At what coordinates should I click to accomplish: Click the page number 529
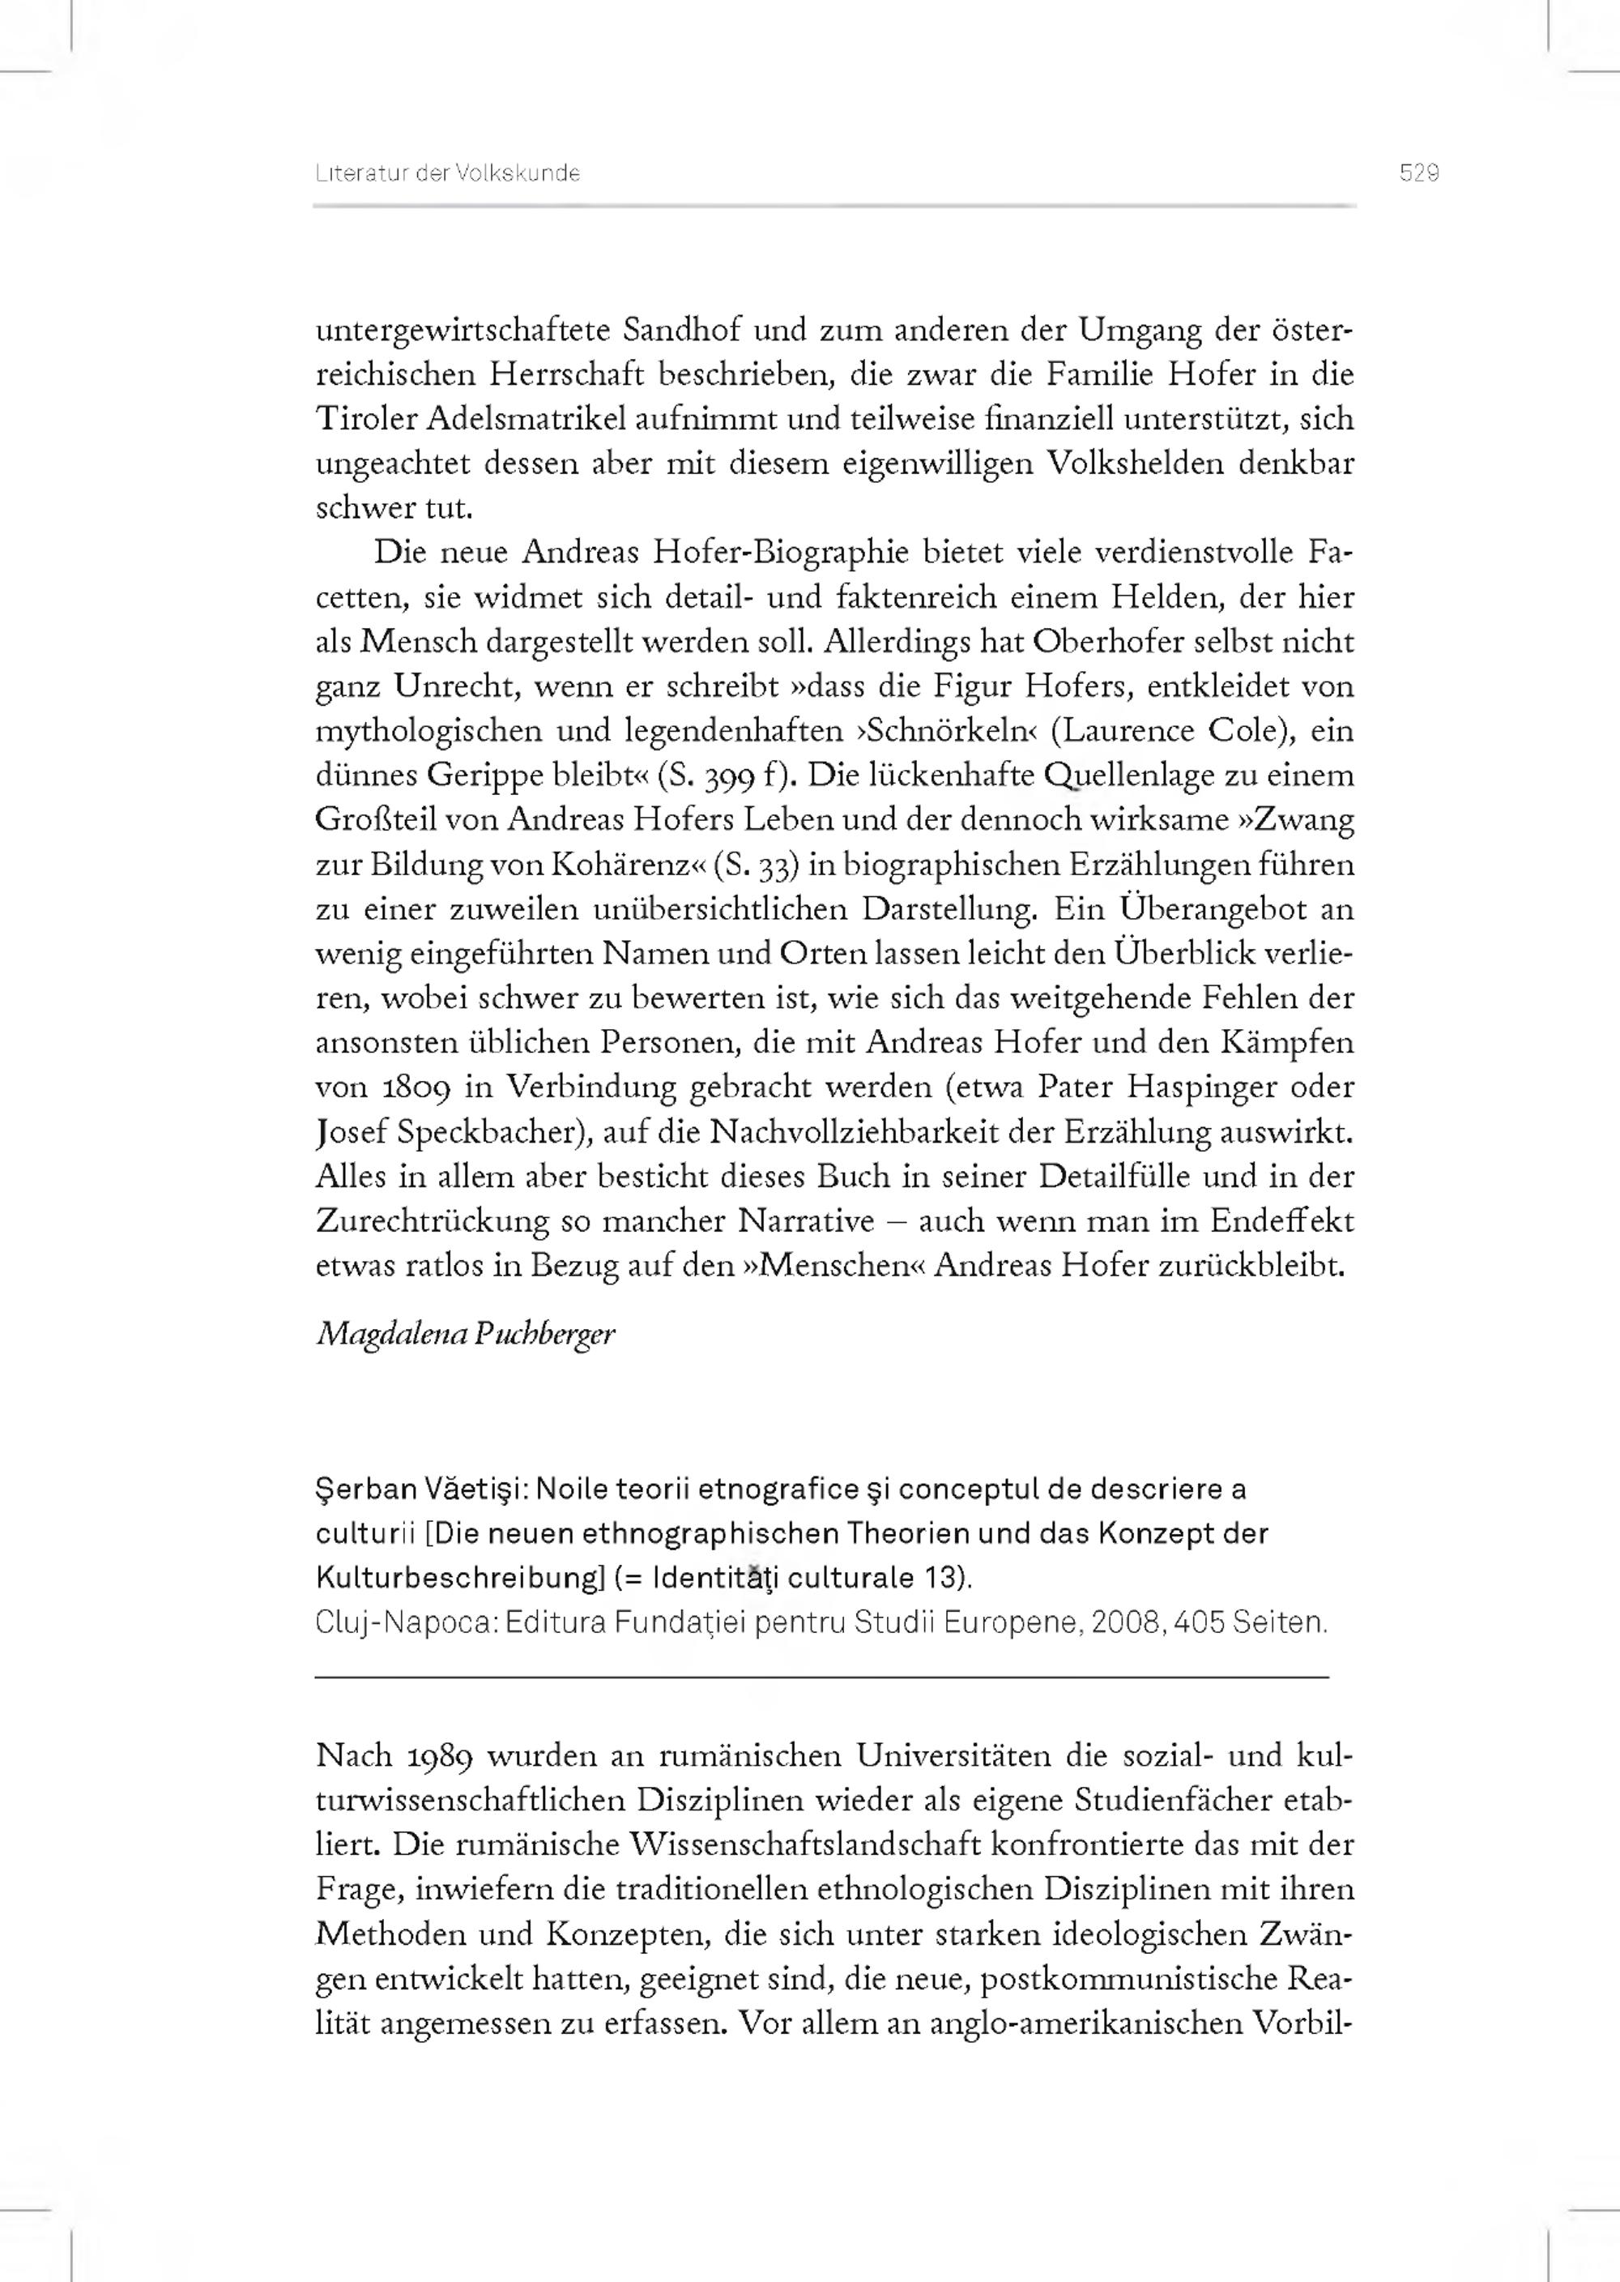pos(1418,173)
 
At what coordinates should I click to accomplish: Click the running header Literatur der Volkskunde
pos(448,173)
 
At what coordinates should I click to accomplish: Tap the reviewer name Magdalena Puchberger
pos(466,1334)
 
